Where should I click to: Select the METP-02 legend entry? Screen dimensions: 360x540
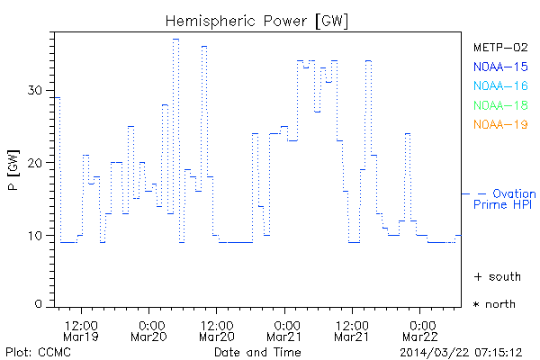[500, 47]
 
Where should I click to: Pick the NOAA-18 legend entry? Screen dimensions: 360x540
[500, 105]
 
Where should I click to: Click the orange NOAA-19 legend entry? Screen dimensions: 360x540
[500, 124]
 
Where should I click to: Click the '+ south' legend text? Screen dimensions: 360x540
[495, 276]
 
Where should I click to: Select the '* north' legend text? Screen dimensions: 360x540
[495, 304]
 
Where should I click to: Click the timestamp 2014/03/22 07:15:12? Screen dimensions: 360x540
[462, 351]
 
